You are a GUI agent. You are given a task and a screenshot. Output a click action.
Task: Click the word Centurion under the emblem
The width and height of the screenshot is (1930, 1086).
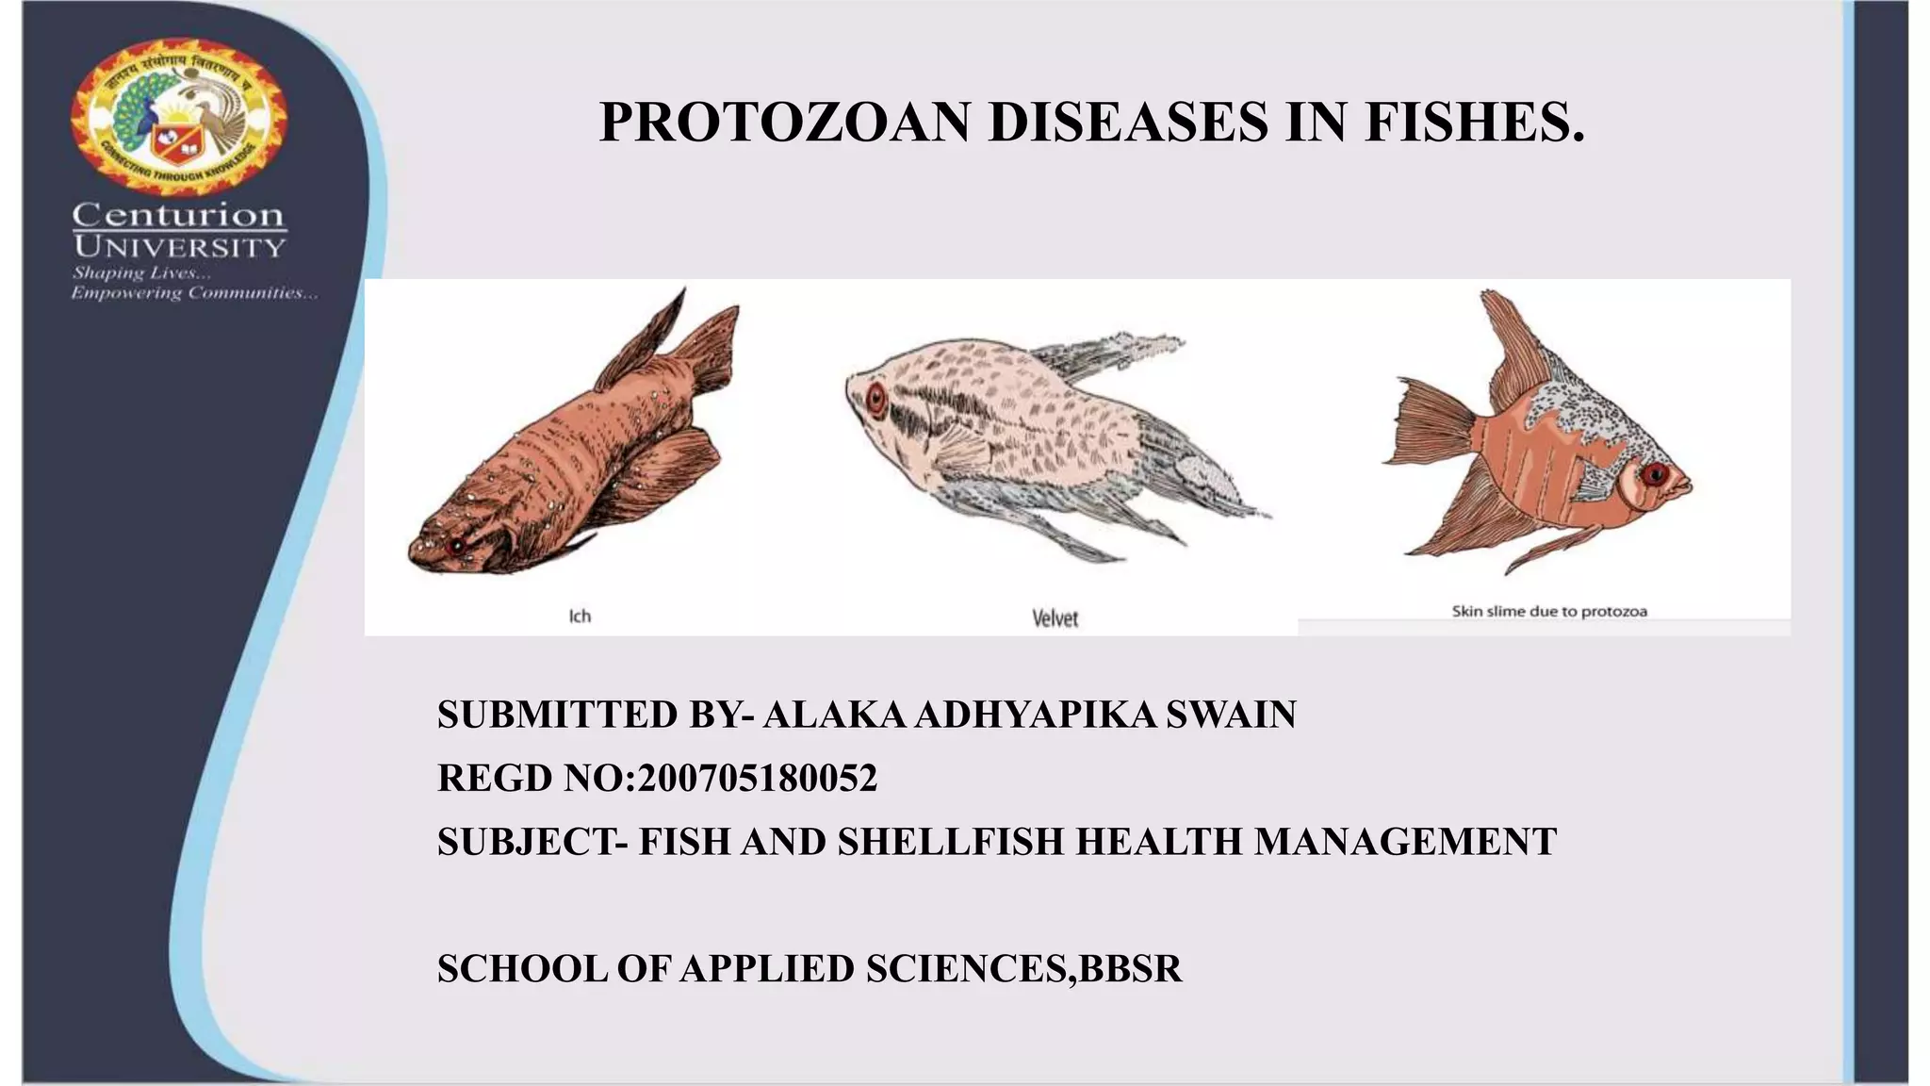[178, 215]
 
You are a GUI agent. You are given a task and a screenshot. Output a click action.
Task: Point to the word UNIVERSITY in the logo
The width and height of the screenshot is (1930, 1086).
[179, 248]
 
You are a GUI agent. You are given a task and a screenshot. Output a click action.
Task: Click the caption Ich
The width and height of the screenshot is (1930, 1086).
[580, 617]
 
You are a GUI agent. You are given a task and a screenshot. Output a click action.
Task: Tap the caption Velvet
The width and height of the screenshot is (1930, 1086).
[1055, 618]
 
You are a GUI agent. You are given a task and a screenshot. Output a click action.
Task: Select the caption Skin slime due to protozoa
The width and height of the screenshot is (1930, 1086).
[1549, 612]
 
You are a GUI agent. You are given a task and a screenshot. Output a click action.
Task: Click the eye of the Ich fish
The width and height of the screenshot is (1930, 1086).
[457, 546]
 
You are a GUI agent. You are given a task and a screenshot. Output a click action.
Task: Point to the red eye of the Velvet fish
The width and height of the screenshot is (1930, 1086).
[876, 400]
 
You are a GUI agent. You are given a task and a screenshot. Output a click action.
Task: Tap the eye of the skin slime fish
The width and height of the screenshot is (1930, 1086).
[1654, 474]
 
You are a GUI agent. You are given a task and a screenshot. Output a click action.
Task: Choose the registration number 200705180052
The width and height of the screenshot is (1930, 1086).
[758, 779]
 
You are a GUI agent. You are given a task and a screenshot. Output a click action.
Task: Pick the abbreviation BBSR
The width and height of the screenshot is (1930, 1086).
[1130, 969]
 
